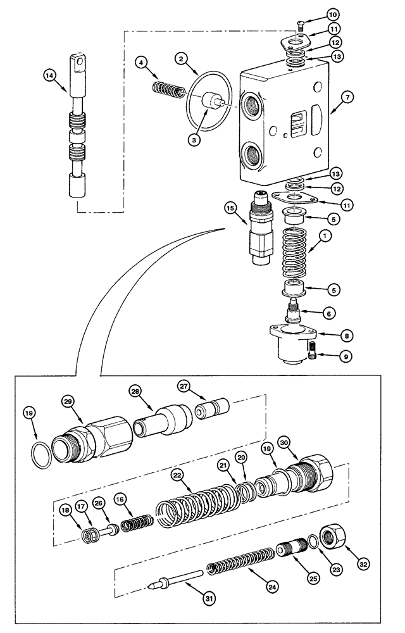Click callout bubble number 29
68,401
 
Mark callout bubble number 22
178,474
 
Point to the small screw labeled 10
301,25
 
